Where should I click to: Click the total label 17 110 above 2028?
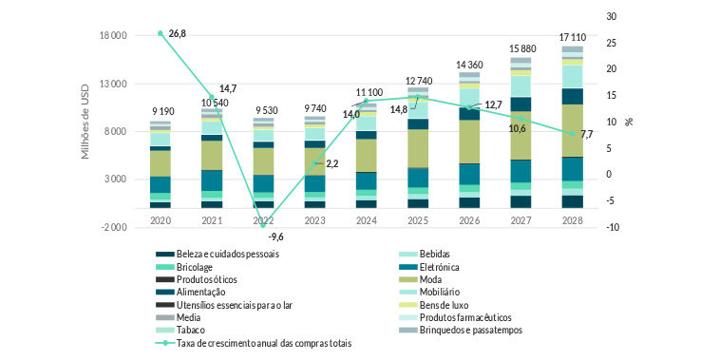pyautogui.click(x=572, y=34)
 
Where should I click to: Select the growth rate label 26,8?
pyautogui.click(x=177, y=33)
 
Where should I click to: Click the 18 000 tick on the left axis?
pyautogui.click(x=113, y=36)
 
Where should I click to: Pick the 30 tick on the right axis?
pyautogui.click(x=612, y=17)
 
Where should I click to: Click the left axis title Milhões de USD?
pyautogui.click(x=85, y=122)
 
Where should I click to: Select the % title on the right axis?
pyautogui.click(x=628, y=122)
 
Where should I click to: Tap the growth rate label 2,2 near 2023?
pyautogui.click(x=332, y=163)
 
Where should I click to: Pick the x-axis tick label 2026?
pyautogui.click(x=469, y=218)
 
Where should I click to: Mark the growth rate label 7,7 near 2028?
pyautogui.click(x=586, y=134)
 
